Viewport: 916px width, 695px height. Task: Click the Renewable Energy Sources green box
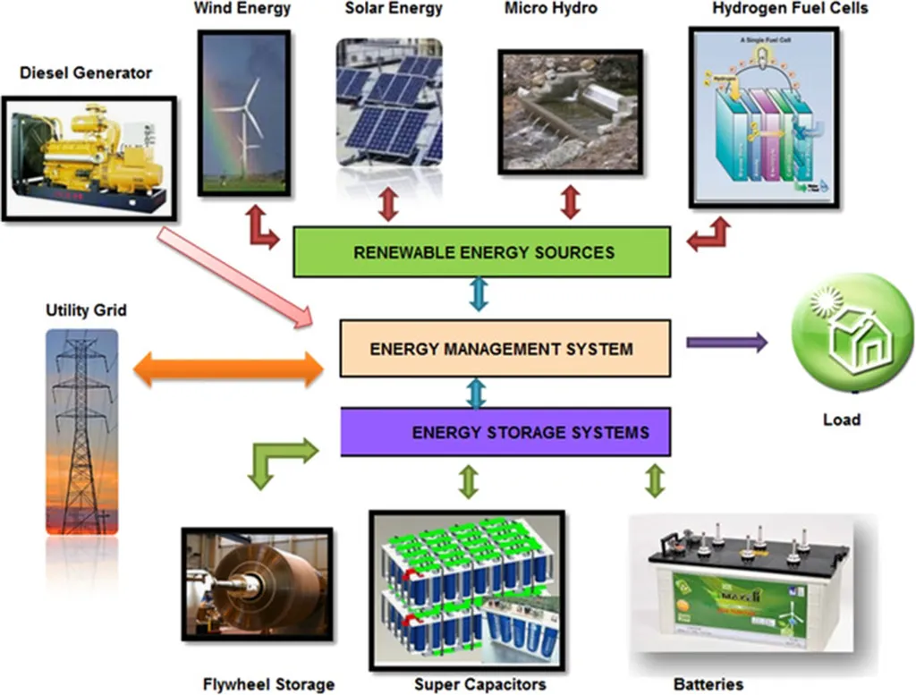(x=482, y=251)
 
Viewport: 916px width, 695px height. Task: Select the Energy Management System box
(x=505, y=347)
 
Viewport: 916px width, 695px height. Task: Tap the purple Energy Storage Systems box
(x=506, y=432)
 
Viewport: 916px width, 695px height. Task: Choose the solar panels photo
(x=389, y=102)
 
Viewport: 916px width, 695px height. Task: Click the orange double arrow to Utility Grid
(x=229, y=369)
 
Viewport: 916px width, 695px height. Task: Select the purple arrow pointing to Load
(x=726, y=342)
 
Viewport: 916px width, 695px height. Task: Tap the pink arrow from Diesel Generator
(x=234, y=275)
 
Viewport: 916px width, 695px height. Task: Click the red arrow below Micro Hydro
(x=570, y=202)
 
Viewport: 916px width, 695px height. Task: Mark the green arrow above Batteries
(x=655, y=480)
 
